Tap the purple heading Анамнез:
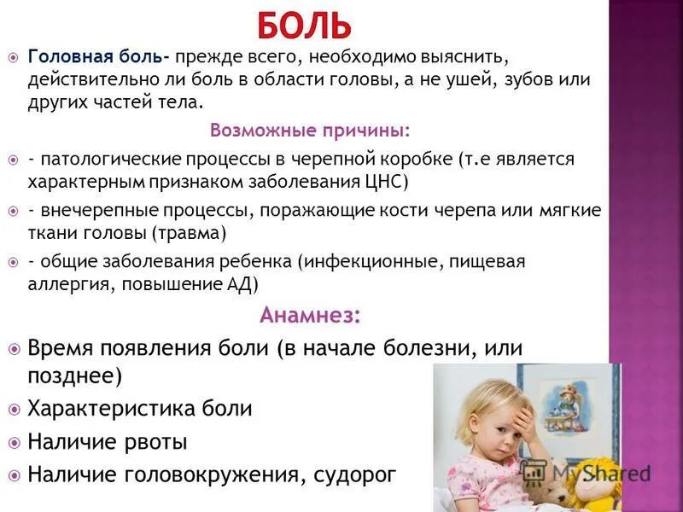(310, 315)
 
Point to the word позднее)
(75, 375)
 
